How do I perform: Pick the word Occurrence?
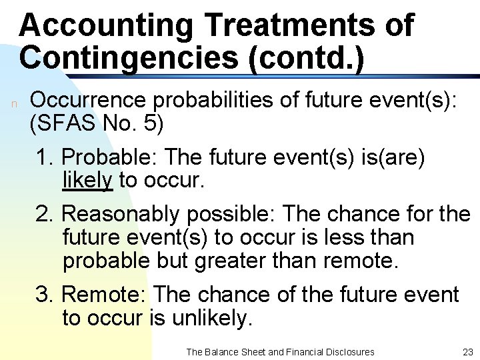click(91, 101)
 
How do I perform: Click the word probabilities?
click(221, 101)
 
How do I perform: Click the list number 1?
click(45, 158)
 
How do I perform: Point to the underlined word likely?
click(87, 180)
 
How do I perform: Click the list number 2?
click(45, 215)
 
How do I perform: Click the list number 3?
click(45, 295)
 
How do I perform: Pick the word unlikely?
click(209, 318)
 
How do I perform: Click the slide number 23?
click(466, 351)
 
